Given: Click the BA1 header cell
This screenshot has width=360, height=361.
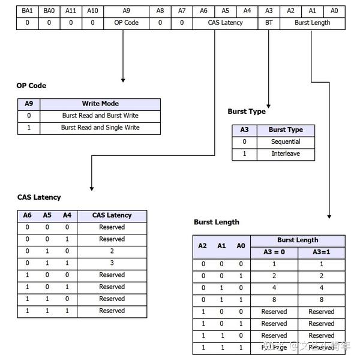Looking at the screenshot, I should pyautogui.click(x=28, y=11).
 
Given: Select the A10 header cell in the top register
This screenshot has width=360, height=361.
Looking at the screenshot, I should pyautogui.click(x=92, y=11).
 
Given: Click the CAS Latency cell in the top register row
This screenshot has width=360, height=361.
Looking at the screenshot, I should pyautogui.click(x=225, y=23).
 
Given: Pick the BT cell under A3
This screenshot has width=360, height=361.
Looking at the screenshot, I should pyautogui.click(x=268, y=23).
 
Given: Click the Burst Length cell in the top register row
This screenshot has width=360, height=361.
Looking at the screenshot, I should pyautogui.click(x=312, y=23).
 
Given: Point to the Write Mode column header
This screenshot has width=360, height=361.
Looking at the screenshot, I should pyautogui.click(x=100, y=104).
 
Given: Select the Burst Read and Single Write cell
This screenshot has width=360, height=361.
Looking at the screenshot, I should pyautogui.click(x=100, y=128).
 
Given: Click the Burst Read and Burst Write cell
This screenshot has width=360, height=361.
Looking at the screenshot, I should pyautogui.click(x=100, y=116).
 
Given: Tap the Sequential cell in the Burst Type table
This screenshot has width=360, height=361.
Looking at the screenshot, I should pyautogui.click(x=286, y=142).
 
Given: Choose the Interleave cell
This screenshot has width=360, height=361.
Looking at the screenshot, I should pyautogui.click(x=286, y=154).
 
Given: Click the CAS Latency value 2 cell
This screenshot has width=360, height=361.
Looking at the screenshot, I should pyautogui.click(x=112, y=251).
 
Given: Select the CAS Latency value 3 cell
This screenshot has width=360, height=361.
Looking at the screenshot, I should pyautogui.click(x=112, y=263).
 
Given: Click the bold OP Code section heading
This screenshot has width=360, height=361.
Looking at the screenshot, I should pyautogui.click(x=31, y=86).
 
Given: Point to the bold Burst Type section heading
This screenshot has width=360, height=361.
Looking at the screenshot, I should pyautogui.click(x=247, y=112).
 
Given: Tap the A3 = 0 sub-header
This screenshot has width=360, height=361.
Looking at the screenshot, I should pyautogui.click(x=274, y=252).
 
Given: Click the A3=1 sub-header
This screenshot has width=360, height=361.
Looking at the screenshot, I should pyautogui.click(x=321, y=252).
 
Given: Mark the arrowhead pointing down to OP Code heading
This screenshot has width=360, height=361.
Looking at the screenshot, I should pyautogui.click(x=123, y=79).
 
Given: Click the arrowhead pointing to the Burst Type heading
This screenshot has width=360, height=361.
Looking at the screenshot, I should pyautogui.click(x=268, y=104).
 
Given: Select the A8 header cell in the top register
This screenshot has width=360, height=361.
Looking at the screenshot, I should pyautogui.click(x=160, y=11).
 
